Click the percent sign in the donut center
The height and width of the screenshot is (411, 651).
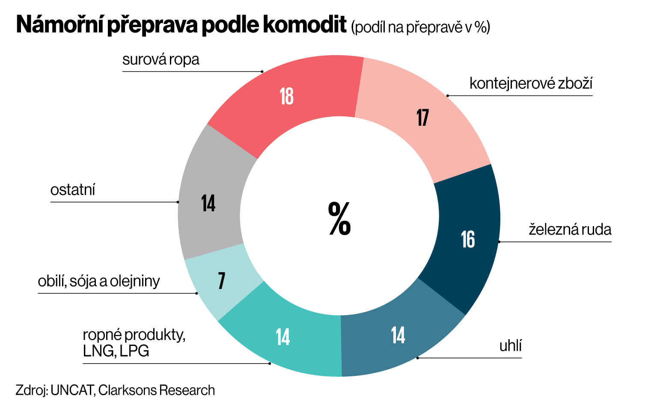coord(339,219)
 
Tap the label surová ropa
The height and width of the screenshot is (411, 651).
coord(161,60)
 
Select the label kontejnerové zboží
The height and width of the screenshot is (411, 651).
coord(531,83)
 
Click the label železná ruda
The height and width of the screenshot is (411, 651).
coord(570,229)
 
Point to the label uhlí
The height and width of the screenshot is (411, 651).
coord(510,346)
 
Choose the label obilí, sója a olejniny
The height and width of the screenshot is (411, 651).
coord(99,281)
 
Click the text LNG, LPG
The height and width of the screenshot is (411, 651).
coord(116,351)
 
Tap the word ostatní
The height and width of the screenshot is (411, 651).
coord(73,190)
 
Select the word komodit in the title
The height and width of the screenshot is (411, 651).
coord(304,24)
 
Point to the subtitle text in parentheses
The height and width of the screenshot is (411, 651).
coord(420,27)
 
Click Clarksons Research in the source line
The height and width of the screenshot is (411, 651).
coord(157,390)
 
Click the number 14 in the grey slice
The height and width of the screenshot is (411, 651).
coord(208,203)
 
